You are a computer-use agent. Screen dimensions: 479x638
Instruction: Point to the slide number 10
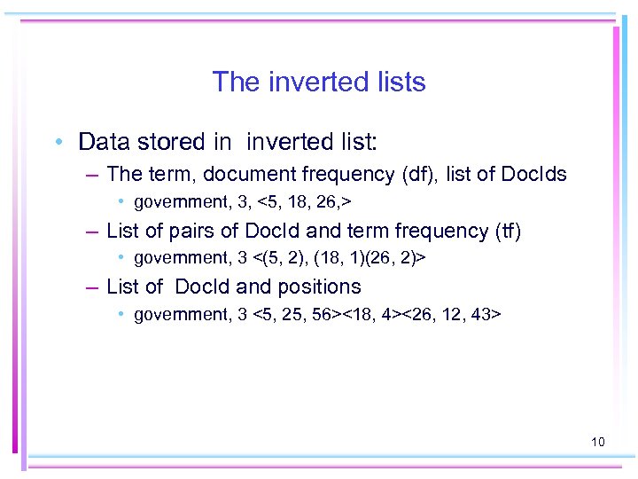(x=597, y=441)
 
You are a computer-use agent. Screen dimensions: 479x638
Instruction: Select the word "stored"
(x=174, y=142)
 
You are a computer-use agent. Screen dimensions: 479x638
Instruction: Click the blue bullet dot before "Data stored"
(x=58, y=143)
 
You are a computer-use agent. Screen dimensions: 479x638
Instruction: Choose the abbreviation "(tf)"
(x=508, y=231)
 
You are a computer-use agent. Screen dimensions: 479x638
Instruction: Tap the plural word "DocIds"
(x=533, y=174)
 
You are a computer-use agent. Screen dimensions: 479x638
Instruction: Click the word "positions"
(x=318, y=287)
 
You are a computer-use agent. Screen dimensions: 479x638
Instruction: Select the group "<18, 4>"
(x=372, y=315)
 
